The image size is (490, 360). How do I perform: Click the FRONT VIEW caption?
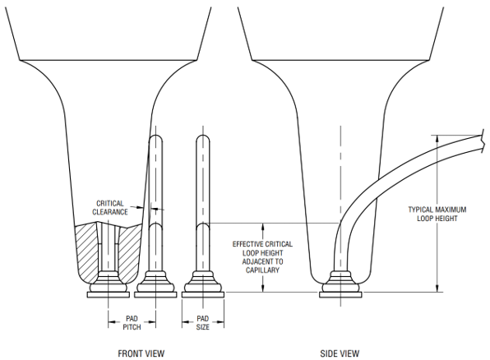(141, 353)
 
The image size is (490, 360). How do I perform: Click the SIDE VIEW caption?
(340, 353)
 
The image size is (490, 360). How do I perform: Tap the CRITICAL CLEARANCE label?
(110, 207)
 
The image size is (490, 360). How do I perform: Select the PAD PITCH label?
(132, 323)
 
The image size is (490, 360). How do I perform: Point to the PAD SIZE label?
(203, 323)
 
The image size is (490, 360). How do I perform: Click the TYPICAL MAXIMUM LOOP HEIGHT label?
(437, 214)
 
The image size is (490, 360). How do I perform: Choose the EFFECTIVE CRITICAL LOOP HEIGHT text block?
(262, 257)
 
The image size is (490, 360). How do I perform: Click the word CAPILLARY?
(262, 270)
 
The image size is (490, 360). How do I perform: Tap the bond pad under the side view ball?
(340, 294)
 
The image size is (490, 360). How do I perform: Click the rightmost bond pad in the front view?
(203, 294)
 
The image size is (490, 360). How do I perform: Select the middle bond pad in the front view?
(155, 294)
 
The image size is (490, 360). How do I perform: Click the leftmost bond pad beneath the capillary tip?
(109, 294)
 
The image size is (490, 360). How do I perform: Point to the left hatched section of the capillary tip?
(87, 250)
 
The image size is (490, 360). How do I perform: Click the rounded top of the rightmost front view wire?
(203, 137)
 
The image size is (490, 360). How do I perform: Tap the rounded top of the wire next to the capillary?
(156, 137)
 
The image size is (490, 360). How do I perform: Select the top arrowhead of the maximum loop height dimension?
(437, 139)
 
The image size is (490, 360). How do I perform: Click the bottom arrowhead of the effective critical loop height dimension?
(263, 288)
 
